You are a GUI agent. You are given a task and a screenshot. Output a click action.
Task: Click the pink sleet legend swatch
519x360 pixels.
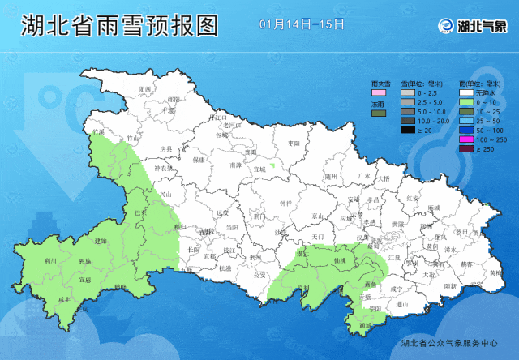[377, 92]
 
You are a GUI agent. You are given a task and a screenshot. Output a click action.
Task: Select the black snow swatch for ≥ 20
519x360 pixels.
[407, 129]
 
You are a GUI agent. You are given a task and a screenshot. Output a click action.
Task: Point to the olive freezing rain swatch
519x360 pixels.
[377, 113]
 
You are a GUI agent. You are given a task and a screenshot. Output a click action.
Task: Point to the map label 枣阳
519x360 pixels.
[294, 144]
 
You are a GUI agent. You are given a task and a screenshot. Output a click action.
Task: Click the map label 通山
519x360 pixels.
[401, 304]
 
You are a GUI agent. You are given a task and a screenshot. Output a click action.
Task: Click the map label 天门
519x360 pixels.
[317, 236]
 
